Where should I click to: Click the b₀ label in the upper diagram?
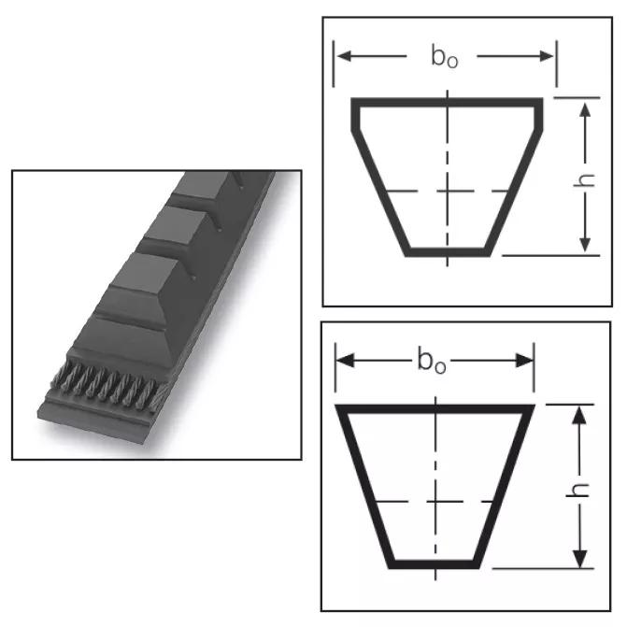[x=445, y=56]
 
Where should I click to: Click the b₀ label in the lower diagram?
[x=432, y=360]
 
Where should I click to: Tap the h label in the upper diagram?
[x=584, y=180]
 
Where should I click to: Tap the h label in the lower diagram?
[x=578, y=490]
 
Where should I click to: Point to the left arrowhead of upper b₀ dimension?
[x=345, y=56]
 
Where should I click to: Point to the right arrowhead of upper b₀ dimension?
[x=547, y=56]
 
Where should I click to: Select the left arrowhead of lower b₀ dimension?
[x=346, y=361]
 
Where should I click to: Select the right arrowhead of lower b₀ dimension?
[x=524, y=361]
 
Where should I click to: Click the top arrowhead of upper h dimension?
[x=585, y=110]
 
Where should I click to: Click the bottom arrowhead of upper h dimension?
[x=585, y=244]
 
